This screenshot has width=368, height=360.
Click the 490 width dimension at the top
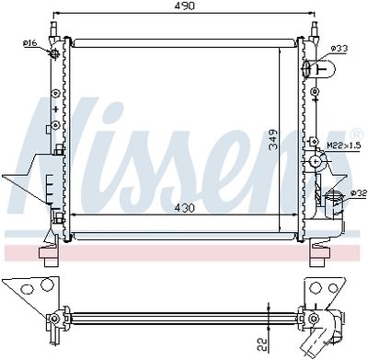click(187, 6)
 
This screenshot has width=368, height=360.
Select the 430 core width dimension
click(187, 207)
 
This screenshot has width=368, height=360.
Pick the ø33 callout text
click(339, 48)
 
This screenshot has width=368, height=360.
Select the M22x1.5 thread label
click(341, 145)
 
